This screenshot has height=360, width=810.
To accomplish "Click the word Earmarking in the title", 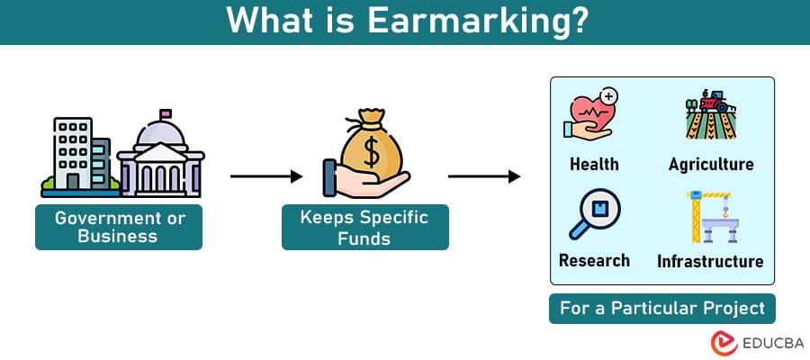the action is [478, 21].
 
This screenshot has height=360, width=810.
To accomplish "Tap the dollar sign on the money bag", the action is [372, 151].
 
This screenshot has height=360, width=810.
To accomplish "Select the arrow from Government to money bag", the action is [266, 176].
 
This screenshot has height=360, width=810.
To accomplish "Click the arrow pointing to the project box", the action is [484, 176].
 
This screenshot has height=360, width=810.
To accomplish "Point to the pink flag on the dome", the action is [166, 113].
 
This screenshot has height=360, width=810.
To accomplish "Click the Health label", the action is [594, 164].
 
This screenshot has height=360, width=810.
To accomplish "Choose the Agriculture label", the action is [711, 164].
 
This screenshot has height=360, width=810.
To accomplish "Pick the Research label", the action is [594, 260].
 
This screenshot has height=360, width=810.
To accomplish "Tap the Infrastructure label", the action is [710, 261].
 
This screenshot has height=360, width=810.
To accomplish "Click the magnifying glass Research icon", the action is [595, 212].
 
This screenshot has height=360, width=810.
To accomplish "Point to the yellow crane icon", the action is [713, 216].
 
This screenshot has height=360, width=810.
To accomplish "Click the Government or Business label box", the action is [119, 228].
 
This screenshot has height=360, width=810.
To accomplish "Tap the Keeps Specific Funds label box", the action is [365, 228].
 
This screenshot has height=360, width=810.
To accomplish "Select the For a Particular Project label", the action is [662, 309].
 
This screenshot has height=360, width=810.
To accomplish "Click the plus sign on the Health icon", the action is [610, 96].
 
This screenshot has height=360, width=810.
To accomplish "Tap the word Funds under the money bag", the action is [364, 238].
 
